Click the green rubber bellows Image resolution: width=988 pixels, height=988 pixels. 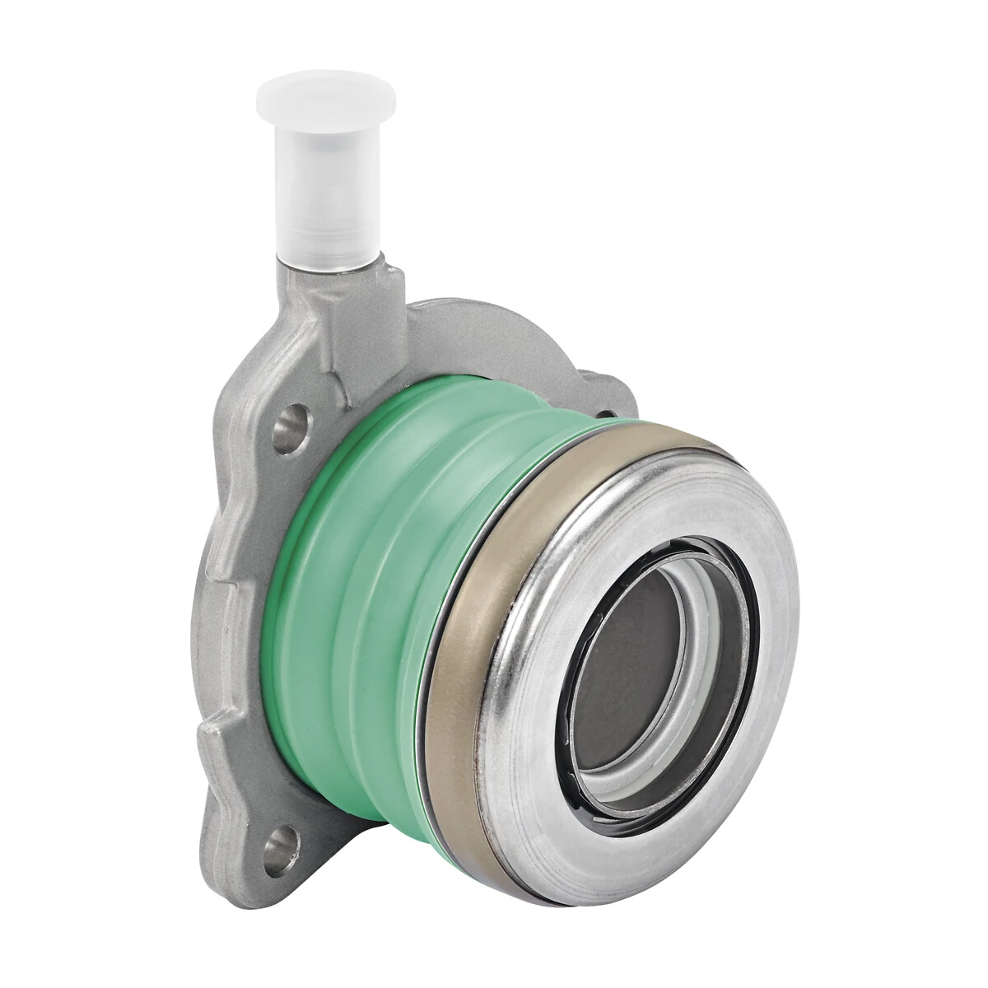pyautogui.click(x=387, y=576)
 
